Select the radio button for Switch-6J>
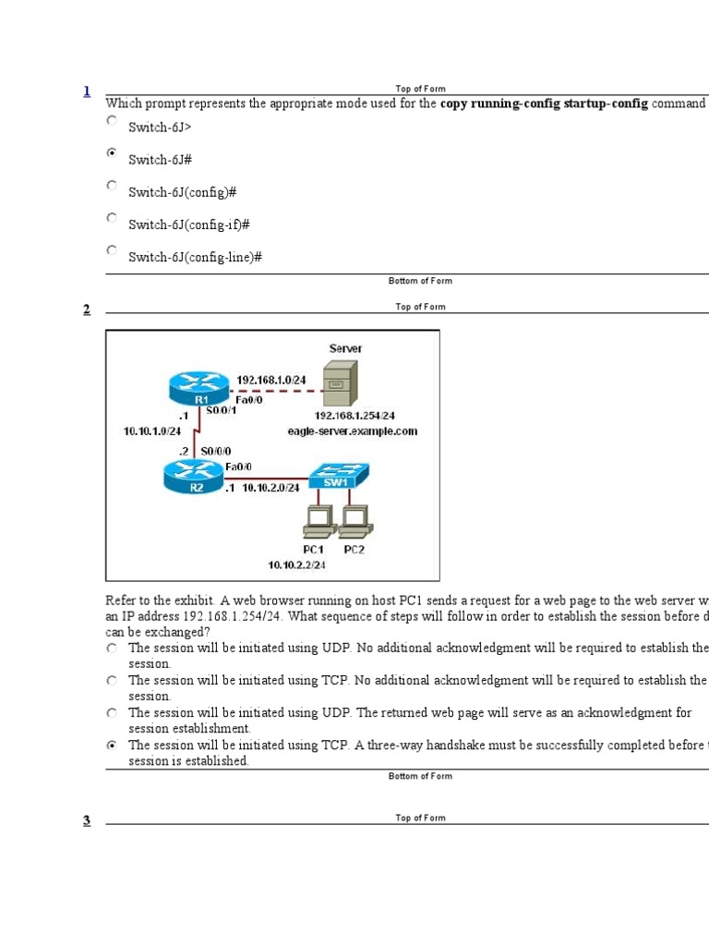[x=112, y=121]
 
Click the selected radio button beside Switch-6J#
[x=112, y=153]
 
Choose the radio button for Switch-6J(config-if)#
[x=112, y=219]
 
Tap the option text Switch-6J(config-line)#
[x=195, y=258]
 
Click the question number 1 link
[x=87, y=91]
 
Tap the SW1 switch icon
[x=337, y=477]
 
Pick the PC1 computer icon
[x=319, y=524]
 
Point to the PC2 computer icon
[x=354, y=524]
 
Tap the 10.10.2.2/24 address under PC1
[x=298, y=564]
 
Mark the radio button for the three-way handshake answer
[x=112, y=746]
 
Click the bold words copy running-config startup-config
[x=544, y=103]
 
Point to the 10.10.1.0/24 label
[x=152, y=431]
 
